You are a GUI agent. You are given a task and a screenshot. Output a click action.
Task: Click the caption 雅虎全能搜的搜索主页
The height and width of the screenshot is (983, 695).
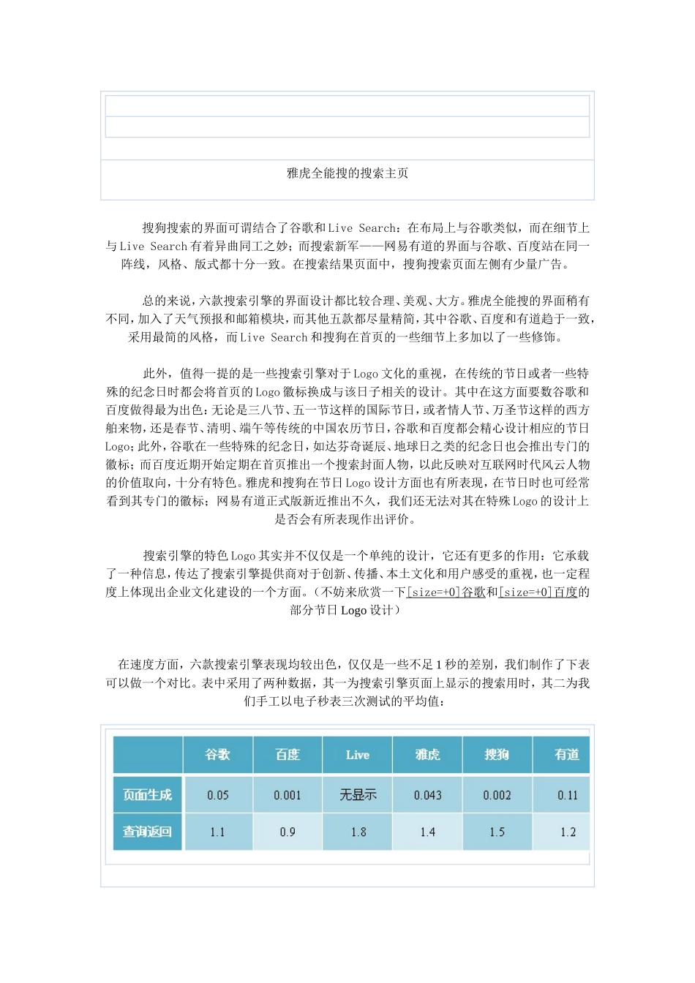click(347, 173)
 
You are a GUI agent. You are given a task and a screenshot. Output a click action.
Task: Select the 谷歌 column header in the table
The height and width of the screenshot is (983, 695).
click(217, 754)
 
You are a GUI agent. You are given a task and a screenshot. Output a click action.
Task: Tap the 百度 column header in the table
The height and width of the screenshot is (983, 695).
click(288, 754)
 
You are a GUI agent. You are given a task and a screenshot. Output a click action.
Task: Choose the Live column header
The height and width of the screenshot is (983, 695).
click(357, 755)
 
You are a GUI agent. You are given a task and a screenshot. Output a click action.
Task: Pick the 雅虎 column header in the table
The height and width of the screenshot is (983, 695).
click(427, 754)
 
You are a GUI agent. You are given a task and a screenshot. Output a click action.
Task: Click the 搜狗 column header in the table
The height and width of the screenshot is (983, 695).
click(497, 754)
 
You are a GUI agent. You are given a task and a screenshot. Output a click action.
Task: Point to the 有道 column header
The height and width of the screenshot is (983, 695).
click(566, 754)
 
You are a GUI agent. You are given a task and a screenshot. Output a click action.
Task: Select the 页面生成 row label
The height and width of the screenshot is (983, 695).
click(147, 795)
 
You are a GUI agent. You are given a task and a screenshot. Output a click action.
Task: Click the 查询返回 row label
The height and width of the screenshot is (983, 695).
click(147, 832)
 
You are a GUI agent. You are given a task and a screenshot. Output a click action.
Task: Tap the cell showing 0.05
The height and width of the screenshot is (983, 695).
click(217, 795)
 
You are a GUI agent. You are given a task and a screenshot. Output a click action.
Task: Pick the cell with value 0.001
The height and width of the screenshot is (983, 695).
click(288, 795)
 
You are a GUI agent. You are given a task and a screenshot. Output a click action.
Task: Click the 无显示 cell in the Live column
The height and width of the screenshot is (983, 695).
click(357, 795)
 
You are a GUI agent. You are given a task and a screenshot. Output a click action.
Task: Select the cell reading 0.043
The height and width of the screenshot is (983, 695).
click(427, 795)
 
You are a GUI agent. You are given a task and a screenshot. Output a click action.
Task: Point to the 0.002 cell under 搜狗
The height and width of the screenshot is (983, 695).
click(497, 795)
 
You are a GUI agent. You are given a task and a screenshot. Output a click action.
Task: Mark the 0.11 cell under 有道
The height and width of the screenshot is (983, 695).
click(567, 795)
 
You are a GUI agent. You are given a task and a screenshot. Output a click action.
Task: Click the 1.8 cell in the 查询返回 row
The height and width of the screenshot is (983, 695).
click(357, 832)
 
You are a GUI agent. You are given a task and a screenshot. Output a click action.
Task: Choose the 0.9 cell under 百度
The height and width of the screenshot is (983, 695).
click(288, 832)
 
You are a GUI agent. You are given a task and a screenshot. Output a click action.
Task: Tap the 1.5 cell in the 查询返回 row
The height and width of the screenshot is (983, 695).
click(497, 832)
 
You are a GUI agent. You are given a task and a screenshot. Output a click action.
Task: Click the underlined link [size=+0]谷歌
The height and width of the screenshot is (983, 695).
click(446, 592)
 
